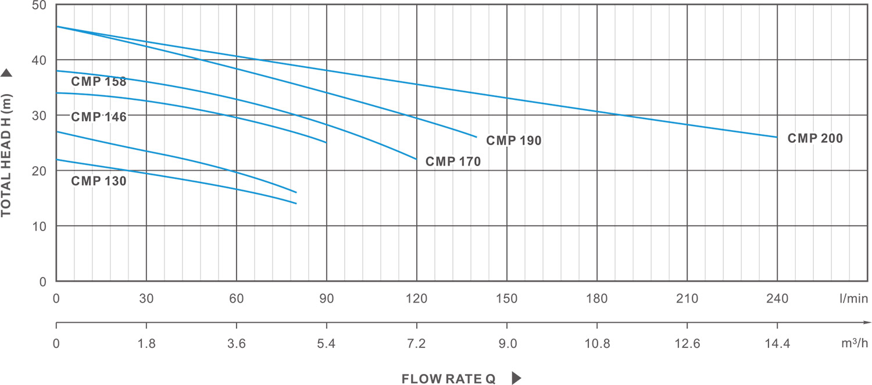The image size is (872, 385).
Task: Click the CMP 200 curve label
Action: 815,139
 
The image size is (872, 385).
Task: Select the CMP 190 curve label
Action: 514,141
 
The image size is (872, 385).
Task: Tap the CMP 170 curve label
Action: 453,162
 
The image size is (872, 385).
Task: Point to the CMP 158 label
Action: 99,81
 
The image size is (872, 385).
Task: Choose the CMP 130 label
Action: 99,181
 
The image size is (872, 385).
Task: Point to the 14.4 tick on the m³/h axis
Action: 777,344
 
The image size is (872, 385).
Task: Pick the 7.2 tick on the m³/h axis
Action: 417,344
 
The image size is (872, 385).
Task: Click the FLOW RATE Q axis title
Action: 448,379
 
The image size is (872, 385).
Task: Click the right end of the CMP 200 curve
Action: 777,137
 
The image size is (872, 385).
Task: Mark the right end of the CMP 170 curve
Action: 417,159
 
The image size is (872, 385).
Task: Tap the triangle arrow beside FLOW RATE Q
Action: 516,379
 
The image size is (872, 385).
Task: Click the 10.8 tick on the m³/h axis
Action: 597,344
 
